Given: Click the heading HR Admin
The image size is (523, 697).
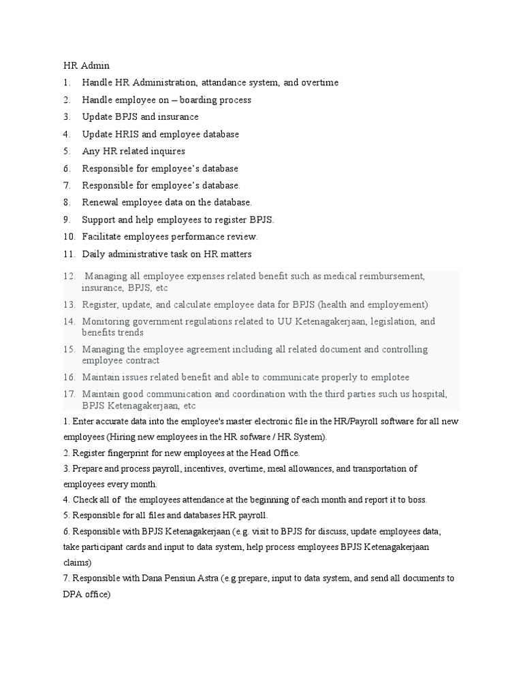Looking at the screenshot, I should pyautogui.click(x=86, y=66).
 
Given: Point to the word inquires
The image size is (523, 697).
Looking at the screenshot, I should pyautogui.click(x=166, y=151).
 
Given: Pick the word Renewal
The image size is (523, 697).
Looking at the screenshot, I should pyautogui.click(x=100, y=202).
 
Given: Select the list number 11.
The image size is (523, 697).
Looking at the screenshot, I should pyautogui.click(x=68, y=254).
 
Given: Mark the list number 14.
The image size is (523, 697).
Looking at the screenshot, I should pyautogui.click(x=68, y=321).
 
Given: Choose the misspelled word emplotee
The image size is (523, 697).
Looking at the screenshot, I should pyautogui.click(x=387, y=377).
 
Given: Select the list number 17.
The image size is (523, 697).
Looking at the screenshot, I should pyautogui.click(x=68, y=394).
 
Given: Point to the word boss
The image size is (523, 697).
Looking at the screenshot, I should pyautogui.click(x=417, y=500).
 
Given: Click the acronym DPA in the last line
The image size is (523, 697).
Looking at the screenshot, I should pyautogui.click(x=72, y=594).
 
